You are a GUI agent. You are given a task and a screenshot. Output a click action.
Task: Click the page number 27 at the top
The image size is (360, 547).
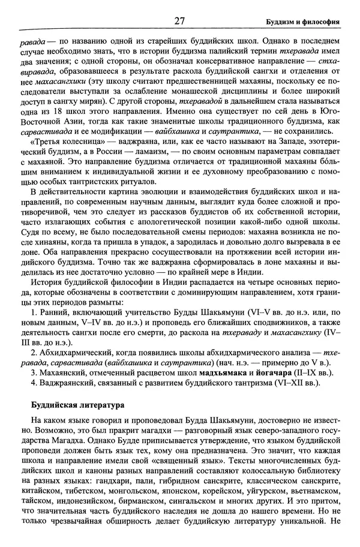coord(179,22)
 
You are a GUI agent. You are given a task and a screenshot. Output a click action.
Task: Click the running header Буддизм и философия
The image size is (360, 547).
coord(303,23)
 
